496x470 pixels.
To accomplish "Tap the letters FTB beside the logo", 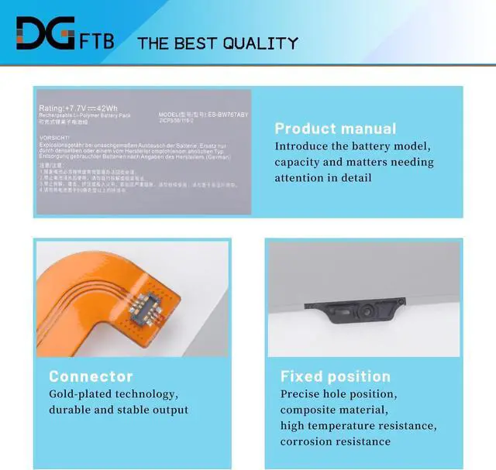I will (x=96, y=39).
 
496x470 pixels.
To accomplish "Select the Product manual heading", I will (x=335, y=129).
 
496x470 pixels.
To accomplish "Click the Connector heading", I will (x=91, y=376).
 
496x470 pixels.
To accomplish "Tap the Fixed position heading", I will (x=335, y=376).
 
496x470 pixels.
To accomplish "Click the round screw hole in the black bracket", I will (x=363, y=313).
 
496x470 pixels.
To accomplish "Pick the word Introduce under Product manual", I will (x=304, y=146).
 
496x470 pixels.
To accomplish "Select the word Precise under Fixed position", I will (x=301, y=394).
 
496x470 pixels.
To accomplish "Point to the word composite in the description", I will (x=310, y=410).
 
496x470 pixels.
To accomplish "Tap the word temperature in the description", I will (x=349, y=426).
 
